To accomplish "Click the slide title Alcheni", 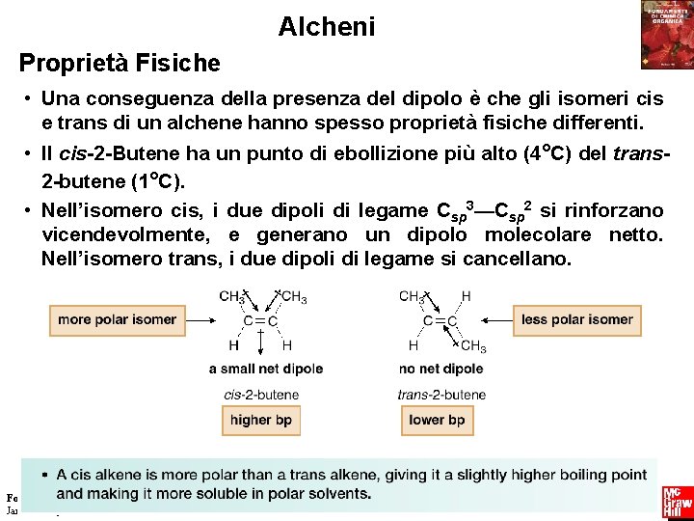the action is [327, 27].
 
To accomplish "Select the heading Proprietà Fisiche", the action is [120, 64].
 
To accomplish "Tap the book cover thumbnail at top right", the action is [666, 36].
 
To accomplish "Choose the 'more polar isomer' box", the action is [117, 319].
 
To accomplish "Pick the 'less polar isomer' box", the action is [577, 319].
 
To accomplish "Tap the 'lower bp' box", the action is [437, 420].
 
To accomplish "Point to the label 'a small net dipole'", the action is [266, 369].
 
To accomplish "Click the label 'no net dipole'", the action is [440, 369].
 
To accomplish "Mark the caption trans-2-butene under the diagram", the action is [441, 395].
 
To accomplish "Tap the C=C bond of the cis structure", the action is [260, 320].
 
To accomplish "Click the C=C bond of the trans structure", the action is [440, 320].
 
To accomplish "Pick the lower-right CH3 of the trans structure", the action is [473, 346].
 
